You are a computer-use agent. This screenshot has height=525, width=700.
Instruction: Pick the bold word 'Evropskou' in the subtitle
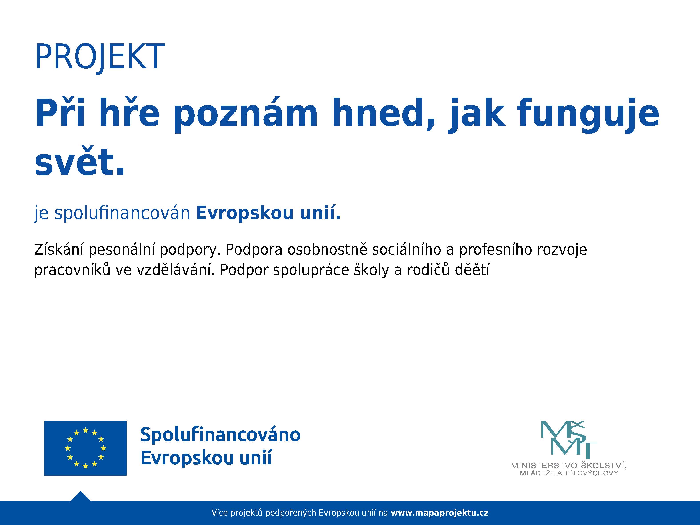coord(245,213)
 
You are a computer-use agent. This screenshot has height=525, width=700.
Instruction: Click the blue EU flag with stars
coord(85,448)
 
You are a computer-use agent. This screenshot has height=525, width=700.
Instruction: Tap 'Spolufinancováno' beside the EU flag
coord(220,435)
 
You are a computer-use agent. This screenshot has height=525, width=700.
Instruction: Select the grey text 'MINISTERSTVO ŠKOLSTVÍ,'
coord(569,465)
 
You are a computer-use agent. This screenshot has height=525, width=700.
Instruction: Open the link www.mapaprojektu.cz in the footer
coord(440,513)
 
